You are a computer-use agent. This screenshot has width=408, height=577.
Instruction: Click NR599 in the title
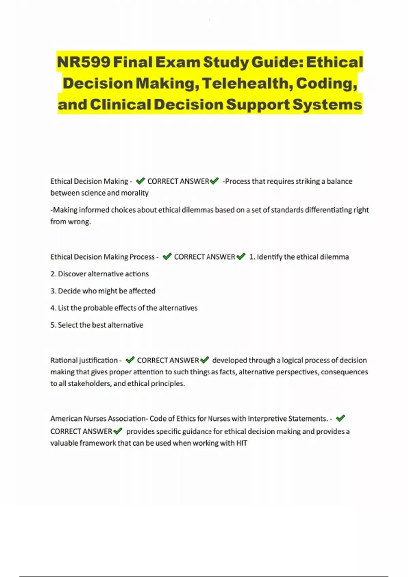[x=83, y=62]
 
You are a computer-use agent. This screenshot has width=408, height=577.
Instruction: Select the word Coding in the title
[x=326, y=83]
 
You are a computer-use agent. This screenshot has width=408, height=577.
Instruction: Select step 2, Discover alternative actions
[x=100, y=274]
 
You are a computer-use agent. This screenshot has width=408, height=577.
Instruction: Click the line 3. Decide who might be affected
[x=103, y=291]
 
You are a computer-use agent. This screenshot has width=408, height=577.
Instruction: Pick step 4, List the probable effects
[x=124, y=308]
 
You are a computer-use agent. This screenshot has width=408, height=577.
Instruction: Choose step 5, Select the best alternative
[x=97, y=325]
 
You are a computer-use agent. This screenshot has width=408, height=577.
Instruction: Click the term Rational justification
[x=84, y=360]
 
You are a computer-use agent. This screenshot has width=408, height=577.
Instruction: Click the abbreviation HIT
[x=241, y=443]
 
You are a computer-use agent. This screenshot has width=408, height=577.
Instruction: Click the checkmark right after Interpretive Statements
[x=340, y=418]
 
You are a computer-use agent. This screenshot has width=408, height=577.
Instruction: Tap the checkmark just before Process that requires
[x=215, y=181]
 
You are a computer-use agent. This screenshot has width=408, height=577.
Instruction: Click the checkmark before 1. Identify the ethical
[x=241, y=257]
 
